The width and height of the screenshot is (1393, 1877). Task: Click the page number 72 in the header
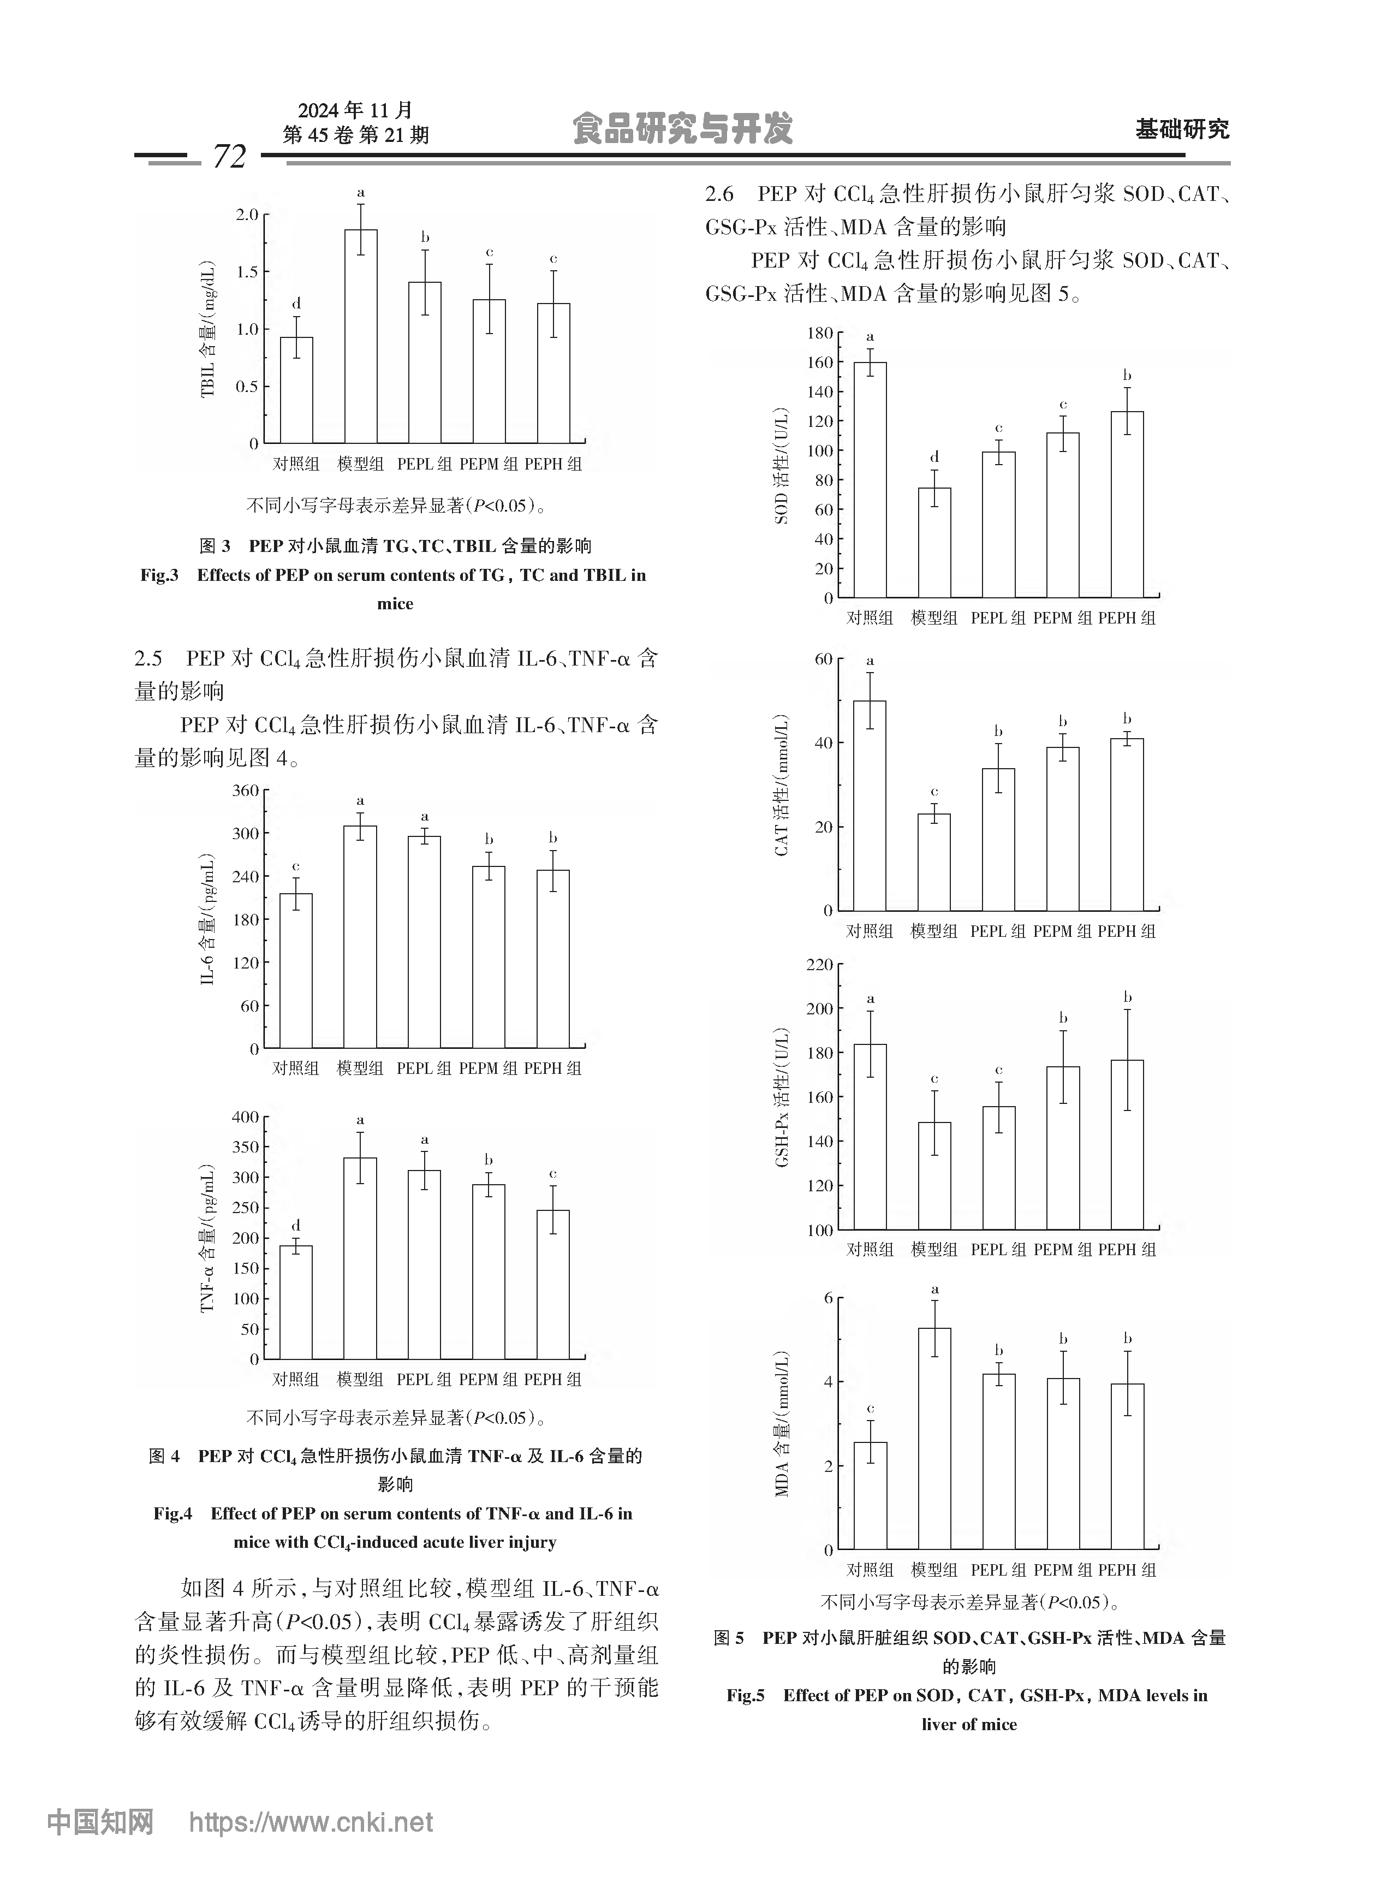tap(229, 156)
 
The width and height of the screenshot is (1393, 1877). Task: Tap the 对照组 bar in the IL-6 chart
tap(296, 971)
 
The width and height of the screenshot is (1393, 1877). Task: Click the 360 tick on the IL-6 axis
tap(246, 790)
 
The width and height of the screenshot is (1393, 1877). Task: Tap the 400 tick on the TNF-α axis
tap(246, 1117)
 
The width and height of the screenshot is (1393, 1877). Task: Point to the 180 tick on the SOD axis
tap(820, 333)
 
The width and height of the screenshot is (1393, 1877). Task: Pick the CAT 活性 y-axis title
tap(782, 784)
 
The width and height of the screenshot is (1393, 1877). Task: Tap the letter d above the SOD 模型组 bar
tap(934, 457)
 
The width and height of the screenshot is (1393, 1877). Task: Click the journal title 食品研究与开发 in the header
tap(682, 129)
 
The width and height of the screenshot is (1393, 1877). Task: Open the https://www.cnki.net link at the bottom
tap(310, 1823)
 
